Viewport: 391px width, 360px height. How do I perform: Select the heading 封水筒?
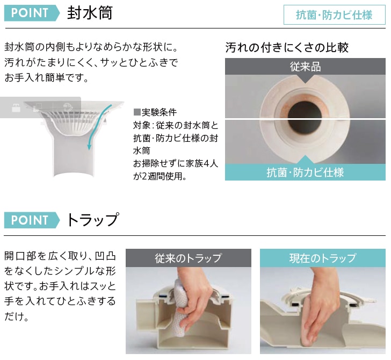tap(90, 13)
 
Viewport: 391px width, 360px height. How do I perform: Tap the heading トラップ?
tap(92, 220)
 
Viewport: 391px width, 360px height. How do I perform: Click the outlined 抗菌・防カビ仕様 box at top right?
tap(334, 15)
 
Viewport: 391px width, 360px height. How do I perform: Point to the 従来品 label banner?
tap(305, 67)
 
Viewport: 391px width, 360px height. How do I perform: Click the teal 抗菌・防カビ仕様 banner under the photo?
tap(305, 172)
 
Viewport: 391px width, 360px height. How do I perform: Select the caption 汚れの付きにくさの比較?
tap(287, 47)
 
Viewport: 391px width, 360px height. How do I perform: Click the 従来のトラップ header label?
tap(188, 258)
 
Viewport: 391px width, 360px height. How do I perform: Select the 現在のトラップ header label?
tap(322, 258)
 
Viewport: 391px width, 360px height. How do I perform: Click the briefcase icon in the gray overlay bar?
tap(16, 107)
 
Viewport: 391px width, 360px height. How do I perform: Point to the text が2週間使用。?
tap(160, 176)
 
